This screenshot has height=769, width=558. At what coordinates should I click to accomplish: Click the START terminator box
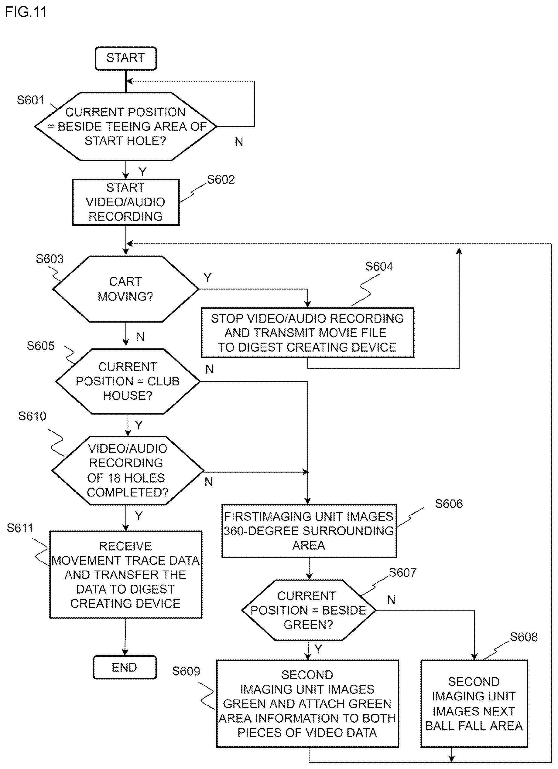coord(125,58)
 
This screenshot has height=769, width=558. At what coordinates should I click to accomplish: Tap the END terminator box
coord(125,667)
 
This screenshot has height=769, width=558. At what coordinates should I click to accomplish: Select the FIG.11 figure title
coord(26,12)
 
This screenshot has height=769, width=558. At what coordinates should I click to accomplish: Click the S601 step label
coord(31,100)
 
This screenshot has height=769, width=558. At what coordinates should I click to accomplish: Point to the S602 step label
coord(221,179)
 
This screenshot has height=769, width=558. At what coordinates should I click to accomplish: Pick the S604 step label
coord(379,266)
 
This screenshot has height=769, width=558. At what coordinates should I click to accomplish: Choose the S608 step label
coord(524,637)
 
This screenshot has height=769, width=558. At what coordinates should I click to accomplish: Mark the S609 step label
coord(186,671)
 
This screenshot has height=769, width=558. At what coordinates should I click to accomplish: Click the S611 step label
coord(20,528)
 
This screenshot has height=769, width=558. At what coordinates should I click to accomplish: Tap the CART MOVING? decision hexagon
coord(125,289)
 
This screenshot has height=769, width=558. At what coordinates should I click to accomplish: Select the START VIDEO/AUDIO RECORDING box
coord(125,202)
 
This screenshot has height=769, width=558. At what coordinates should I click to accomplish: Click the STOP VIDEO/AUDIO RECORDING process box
coord(307,333)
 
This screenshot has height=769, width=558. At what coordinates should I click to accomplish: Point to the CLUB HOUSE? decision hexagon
coord(128,381)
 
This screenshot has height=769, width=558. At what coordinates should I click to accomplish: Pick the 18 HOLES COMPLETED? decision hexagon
coord(128,470)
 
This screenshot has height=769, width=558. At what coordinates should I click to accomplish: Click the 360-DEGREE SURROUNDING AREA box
coord(309,531)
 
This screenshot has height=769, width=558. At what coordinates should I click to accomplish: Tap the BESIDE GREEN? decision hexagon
coord(308,610)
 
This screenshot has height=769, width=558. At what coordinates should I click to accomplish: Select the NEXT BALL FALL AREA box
coord(474,703)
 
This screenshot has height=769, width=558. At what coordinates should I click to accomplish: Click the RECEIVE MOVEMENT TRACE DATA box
coord(125,574)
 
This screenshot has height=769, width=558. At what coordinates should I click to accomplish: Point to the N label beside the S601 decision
coord(239,142)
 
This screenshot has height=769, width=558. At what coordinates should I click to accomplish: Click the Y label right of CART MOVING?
coord(208,278)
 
